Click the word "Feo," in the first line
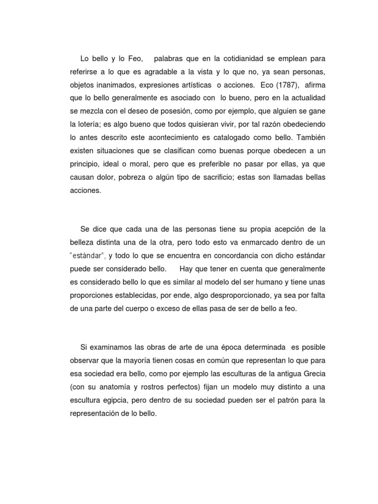[133, 59]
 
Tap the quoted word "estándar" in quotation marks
[89, 256]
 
